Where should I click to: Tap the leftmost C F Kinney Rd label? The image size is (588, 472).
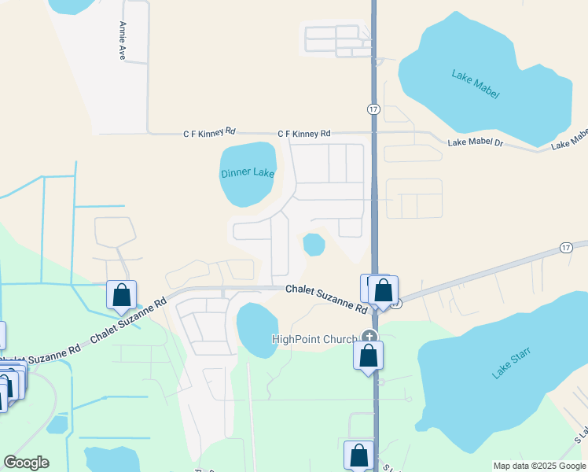(209, 133)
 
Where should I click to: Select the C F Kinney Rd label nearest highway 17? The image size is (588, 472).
(304, 134)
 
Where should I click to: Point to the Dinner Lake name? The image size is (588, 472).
(248, 173)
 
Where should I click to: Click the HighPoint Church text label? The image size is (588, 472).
(314, 339)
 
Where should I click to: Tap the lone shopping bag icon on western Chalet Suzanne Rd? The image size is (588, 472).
(121, 296)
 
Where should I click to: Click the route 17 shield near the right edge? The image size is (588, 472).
(566, 247)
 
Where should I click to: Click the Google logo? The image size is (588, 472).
(26, 463)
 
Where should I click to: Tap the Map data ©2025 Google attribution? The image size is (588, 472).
(538, 466)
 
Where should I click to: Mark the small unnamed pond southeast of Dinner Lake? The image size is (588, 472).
(314, 244)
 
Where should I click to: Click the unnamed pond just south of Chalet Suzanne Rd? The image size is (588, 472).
(257, 329)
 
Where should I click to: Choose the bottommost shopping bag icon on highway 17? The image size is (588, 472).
(358, 455)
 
